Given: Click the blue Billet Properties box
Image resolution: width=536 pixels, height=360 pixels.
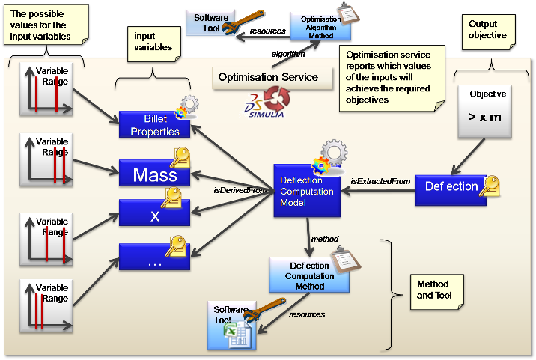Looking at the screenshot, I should (154, 125).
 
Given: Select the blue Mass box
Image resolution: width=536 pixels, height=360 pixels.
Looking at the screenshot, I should (154, 175).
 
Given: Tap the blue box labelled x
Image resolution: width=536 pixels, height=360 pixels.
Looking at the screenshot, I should (154, 216).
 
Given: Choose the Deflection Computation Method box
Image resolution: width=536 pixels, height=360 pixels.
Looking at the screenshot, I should (308, 275).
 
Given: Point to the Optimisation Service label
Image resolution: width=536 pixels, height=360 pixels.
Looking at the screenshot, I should (268, 76).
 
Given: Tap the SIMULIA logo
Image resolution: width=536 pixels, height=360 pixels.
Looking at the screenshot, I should (261, 106).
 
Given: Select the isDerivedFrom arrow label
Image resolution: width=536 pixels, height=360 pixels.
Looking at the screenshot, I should (241, 190).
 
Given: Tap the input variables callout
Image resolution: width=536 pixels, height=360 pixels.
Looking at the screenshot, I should (153, 43).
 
